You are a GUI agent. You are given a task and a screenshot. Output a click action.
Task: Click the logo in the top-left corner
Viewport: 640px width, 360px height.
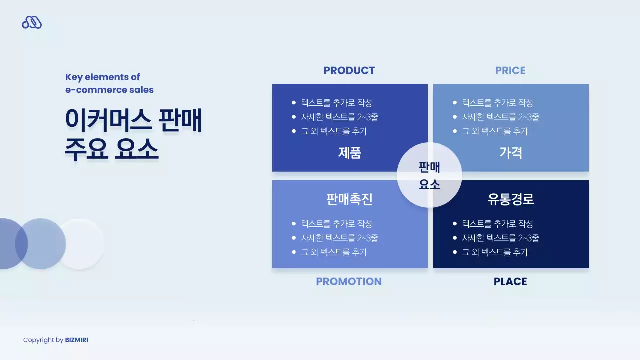32,22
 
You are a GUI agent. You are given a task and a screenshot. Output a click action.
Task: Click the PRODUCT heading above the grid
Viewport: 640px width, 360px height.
349,71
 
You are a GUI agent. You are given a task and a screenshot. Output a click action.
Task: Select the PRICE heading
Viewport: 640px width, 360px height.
510,71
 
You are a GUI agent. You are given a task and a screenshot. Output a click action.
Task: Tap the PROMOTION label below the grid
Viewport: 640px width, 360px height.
349,282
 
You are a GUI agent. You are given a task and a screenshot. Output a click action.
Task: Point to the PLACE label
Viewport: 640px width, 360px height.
510,282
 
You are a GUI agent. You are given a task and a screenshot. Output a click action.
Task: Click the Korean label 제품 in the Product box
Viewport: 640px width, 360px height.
350,153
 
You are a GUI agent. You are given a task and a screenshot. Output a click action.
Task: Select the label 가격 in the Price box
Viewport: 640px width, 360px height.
511,153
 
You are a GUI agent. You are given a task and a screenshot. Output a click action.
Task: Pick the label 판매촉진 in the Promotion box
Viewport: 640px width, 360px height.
350,199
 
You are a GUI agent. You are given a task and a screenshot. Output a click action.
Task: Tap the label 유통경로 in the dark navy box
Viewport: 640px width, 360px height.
511,199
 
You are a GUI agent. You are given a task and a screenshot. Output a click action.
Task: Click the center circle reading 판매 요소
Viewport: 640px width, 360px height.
429,175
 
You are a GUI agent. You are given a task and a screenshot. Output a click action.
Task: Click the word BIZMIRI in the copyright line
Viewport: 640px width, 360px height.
76,340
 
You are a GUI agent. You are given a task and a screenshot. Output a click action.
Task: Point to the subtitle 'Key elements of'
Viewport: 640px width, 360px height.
102,77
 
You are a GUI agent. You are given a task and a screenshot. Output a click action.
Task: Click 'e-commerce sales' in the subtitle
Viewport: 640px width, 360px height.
109,90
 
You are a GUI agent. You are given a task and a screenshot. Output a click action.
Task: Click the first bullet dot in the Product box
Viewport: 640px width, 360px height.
294,103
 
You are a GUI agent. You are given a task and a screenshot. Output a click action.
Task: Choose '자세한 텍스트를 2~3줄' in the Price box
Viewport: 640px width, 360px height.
500,117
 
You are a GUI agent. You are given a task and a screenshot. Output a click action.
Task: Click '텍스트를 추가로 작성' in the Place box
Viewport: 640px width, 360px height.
497,224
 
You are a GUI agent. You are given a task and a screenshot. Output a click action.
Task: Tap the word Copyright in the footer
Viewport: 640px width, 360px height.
38,340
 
